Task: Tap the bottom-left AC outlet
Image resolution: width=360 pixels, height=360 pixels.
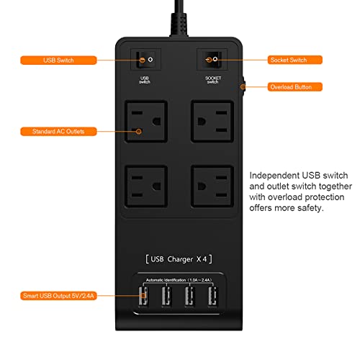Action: (x=146, y=186)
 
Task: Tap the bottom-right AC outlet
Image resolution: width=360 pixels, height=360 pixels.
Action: (x=212, y=186)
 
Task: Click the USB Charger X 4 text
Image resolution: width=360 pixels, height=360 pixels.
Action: (x=179, y=257)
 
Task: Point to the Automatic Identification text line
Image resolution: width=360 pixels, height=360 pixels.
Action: (x=179, y=279)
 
